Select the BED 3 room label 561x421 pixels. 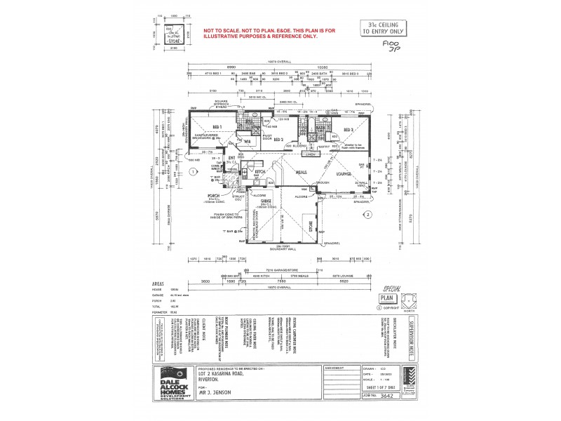[x=349, y=131]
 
